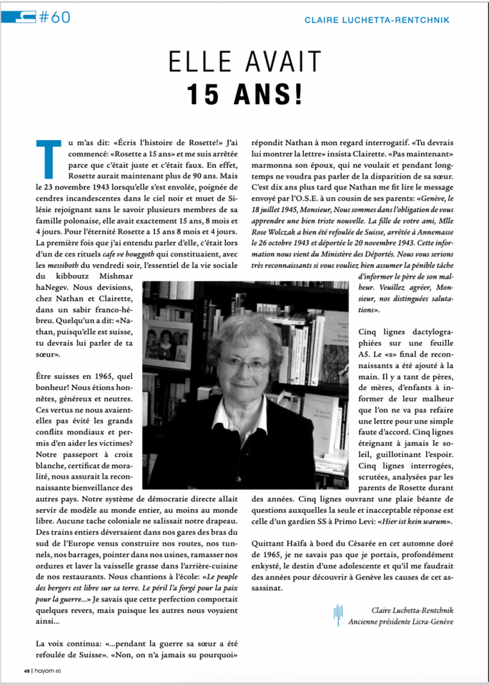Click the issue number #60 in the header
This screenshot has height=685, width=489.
[54, 18]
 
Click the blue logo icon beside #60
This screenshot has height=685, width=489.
[19, 17]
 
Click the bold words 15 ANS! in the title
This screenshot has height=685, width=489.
[244, 94]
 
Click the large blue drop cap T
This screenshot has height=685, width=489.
[46, 155]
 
